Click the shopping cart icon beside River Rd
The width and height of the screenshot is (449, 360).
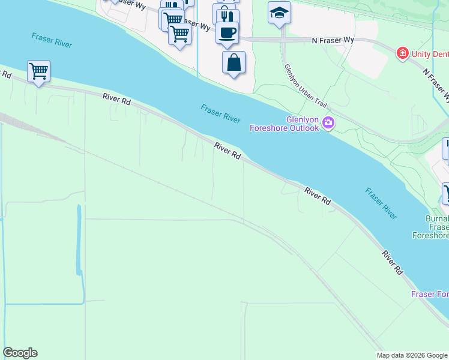(38, 71)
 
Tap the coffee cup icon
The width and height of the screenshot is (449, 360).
(227, 32)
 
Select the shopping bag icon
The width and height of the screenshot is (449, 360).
(234, 62)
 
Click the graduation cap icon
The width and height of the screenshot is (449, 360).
(279, 13)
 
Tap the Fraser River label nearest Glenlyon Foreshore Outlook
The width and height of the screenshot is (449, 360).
(220, 113)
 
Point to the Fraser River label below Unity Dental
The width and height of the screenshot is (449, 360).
(381, 203)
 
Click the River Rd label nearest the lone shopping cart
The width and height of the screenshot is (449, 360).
(116, 99)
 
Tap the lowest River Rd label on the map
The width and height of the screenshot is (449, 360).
(393, 263)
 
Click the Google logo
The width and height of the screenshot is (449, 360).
(20, 353)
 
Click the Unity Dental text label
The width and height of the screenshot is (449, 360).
(430, 55)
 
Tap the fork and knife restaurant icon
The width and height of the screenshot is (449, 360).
(226, 15)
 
